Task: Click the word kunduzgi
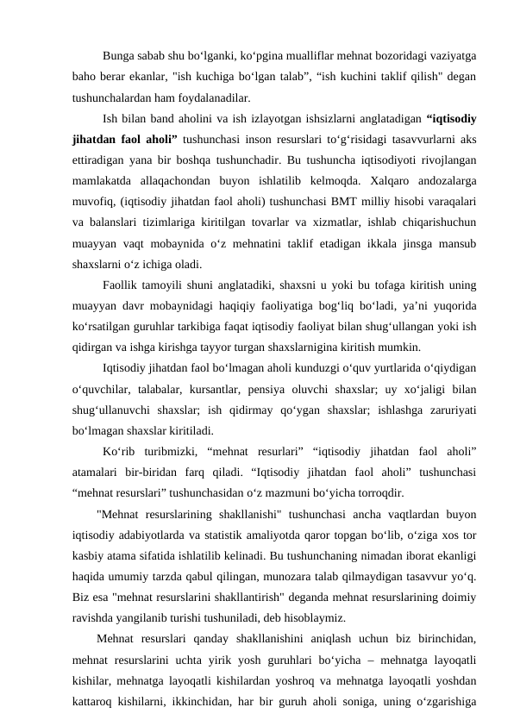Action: click(x=297, y=368)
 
